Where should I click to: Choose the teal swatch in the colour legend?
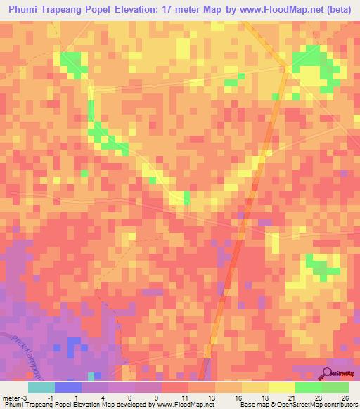(x=41, y=387)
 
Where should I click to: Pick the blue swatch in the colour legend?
(x=68, y=387)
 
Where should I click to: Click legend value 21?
(x=290, y=397)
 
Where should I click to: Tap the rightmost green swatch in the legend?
(x=335, y=387)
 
